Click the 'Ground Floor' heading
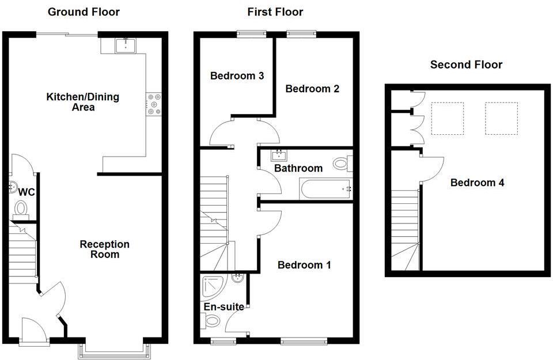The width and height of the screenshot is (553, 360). click(84, 12)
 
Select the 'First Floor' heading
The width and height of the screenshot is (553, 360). click(275, 12)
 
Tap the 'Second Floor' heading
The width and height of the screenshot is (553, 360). click(466, 65)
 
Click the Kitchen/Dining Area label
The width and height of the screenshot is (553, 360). click(83, 101)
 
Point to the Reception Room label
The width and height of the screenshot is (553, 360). click(104, 249)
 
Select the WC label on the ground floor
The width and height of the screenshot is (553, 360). click(27, 192)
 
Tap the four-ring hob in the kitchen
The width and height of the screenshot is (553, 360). click(154, 104)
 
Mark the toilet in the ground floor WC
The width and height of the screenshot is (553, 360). click(21, 207)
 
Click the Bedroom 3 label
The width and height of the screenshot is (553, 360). click(237, 75)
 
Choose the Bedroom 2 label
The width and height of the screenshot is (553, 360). click(312, 88)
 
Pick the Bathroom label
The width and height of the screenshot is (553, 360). click(298, 168)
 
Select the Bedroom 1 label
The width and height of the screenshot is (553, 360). click(304, 265)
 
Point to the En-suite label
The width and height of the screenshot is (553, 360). click(224, 306)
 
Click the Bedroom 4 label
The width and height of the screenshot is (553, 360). click(477, 183)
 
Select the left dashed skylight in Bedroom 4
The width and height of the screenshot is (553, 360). click(448, 118)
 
